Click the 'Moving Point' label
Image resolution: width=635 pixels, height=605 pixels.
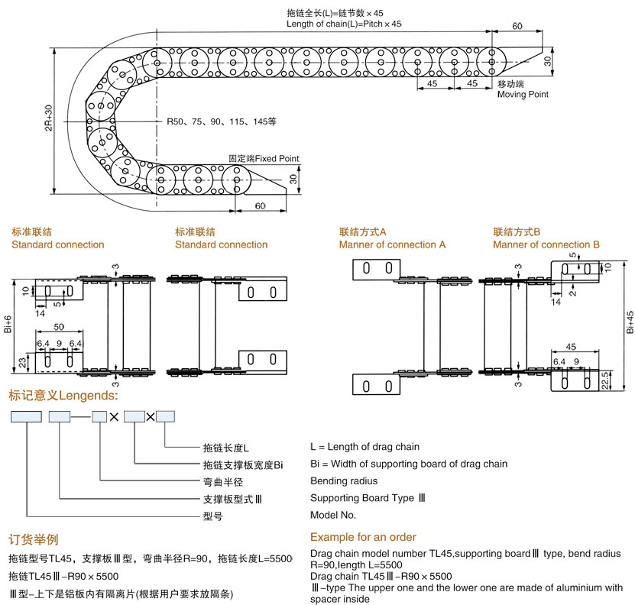click(523, 95)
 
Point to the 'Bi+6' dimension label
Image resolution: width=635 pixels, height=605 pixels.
click(8, 325)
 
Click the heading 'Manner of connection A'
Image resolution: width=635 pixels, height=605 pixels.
click(392, 244)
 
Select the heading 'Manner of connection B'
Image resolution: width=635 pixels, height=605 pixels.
click(546, 244)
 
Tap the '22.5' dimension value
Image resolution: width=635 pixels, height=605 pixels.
click(604, 380)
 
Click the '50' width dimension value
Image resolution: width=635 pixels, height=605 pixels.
click(58, 327)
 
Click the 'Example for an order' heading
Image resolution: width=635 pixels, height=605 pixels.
click(363, 537)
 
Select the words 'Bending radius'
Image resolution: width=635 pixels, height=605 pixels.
click(344, 481)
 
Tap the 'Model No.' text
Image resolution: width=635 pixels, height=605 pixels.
click(333, 515)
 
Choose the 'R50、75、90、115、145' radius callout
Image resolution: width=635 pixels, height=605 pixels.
click(222, 121)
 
